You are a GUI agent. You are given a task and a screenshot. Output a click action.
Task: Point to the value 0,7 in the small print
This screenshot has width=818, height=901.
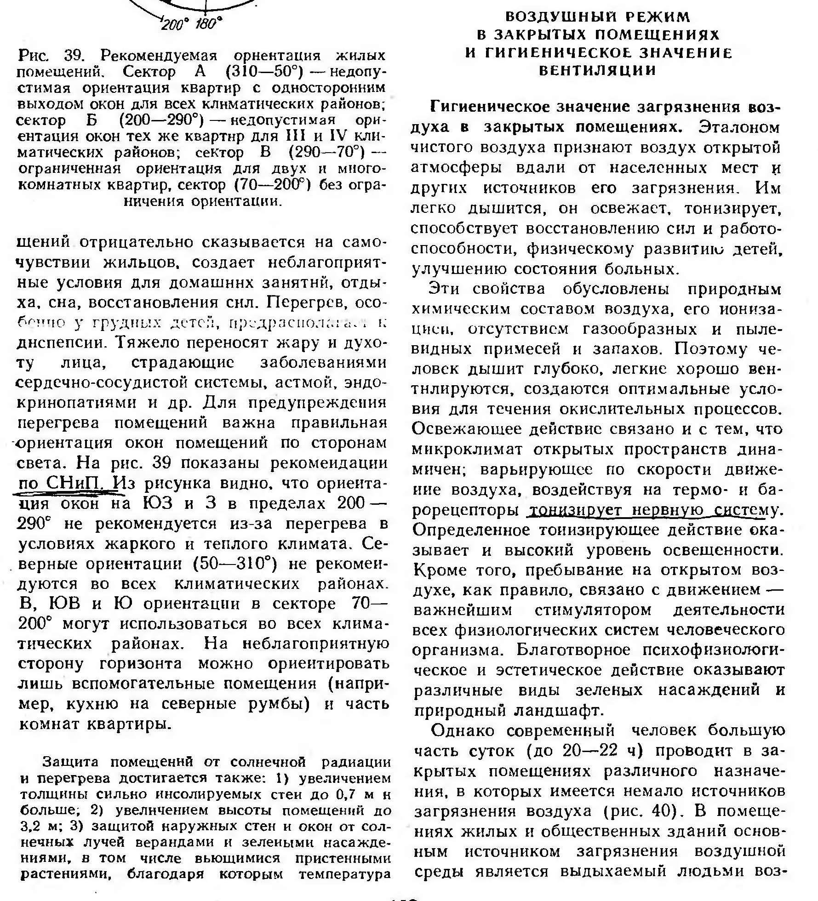point(348,794)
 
